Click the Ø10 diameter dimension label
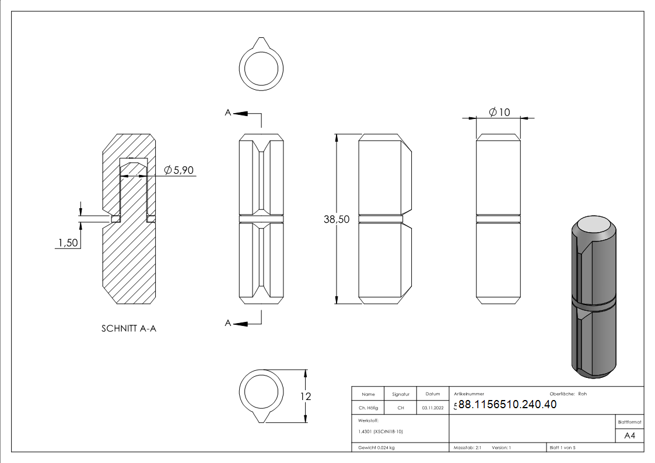[500, 112]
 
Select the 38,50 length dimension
[337, 219]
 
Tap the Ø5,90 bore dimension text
[179, 170]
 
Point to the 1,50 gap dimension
[68, 243]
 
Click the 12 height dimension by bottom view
[306, 396]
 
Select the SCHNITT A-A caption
[129, 328]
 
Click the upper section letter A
[227, 113]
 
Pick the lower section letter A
[227, 322]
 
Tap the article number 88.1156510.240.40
[507, 404]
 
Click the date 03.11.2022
[433, 408]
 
